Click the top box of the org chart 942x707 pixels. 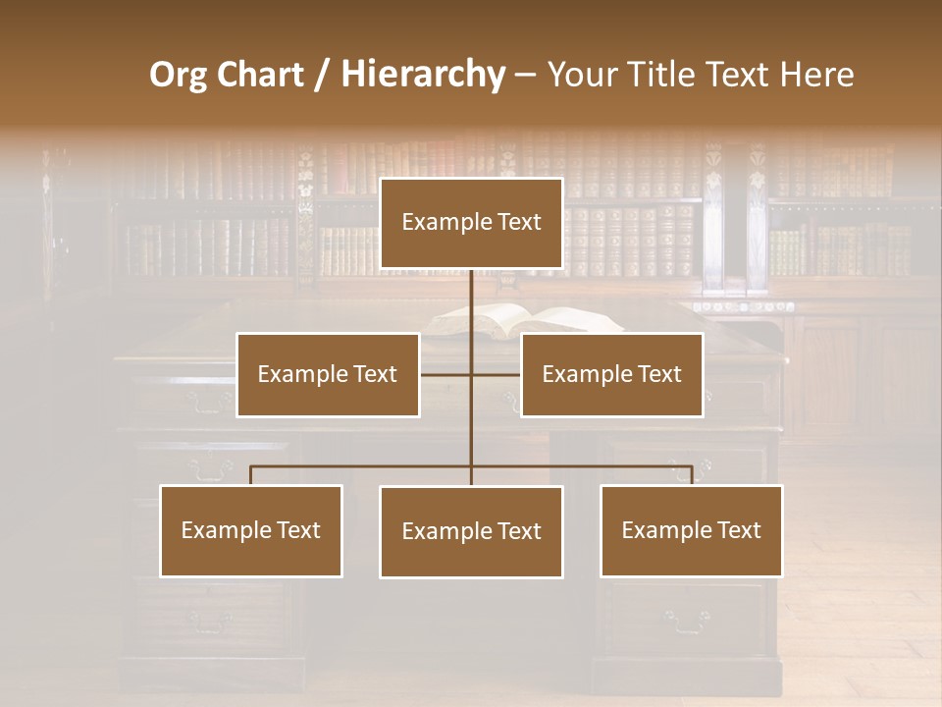point(471,223)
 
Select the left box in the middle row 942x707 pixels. point(328,374)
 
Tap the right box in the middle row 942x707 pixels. point(611,374)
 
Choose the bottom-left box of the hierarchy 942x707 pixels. point(251,530)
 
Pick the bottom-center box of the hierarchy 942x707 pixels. point(471,531)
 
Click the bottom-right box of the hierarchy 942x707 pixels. point(691,530)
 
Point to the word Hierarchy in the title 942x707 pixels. point(422,75)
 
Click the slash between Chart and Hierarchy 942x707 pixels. point(322,75)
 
